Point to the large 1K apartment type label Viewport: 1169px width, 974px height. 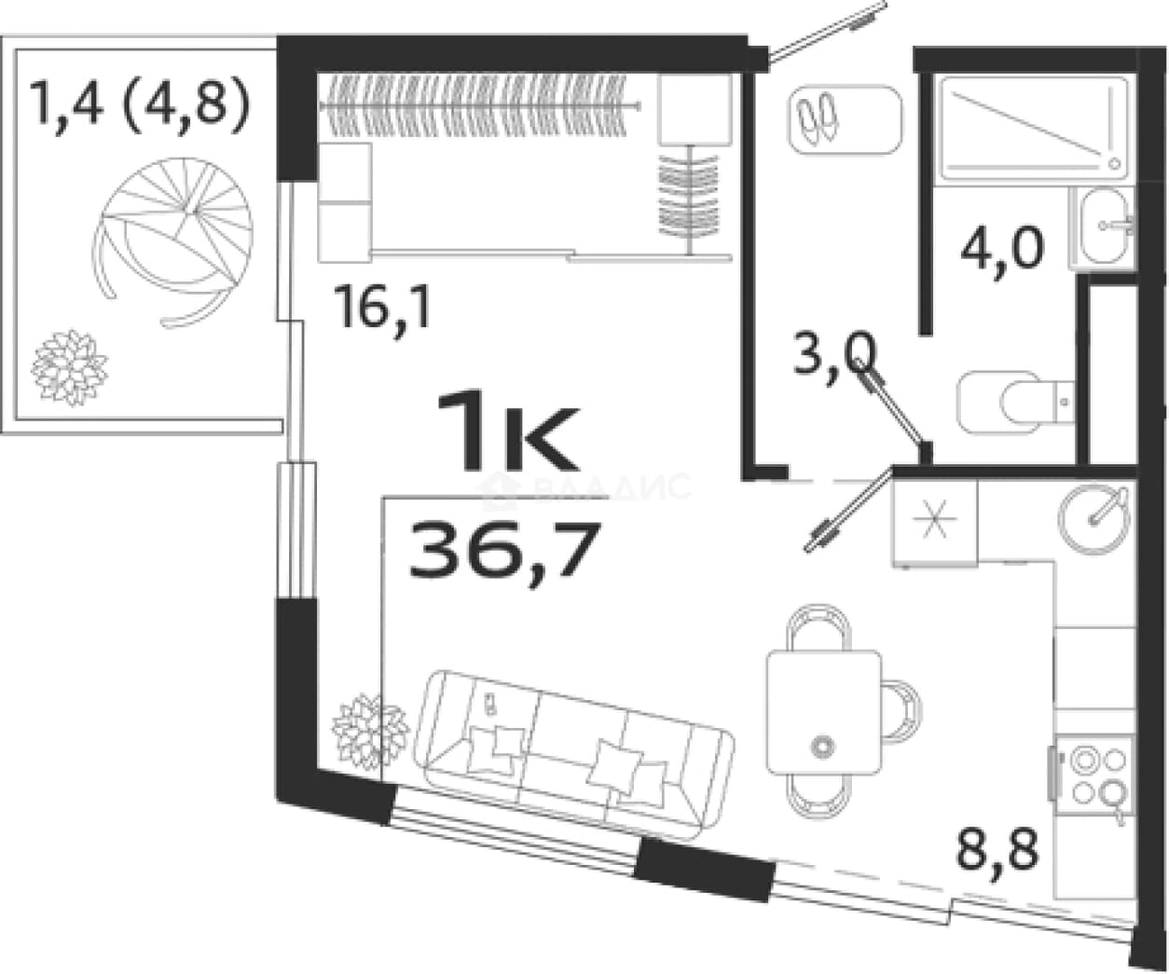pyautogui.click(x=507, y=431)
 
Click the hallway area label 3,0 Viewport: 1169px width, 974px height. pyautogui.click(x=834, y=355)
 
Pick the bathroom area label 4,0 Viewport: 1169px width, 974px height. pyautogui.click(x=1002, y=248)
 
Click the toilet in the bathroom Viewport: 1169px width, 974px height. pyautogui.click(x=1015, y=402)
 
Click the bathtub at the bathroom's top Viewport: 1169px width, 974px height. pyautogui.click(x=1033, y=127)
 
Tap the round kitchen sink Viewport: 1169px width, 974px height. pyautogui.click(x=1093, y=519)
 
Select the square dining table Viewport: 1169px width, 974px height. pyautogui.click(x=823, y=713)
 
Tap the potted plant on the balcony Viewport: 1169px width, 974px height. pyautogui.click(x=70, y=367)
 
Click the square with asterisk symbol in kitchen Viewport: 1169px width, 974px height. pyautogui.click(x=935, y=522)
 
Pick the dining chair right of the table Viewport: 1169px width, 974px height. pyautogui.click(x=901, y=711)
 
